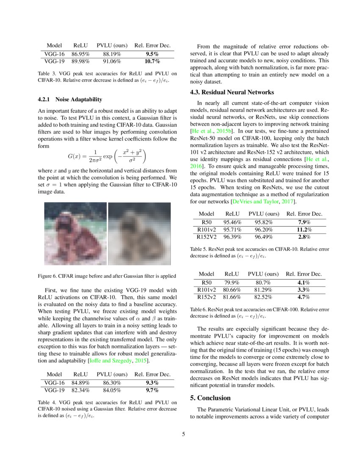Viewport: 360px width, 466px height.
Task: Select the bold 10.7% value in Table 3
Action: click(x=152, y=62)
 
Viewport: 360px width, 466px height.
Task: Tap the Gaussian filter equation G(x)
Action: click(x=108, y=156)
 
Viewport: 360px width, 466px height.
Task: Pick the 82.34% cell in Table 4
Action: click(x=80, y=390)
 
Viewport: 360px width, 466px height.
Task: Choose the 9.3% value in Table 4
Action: click(x=152, y=382)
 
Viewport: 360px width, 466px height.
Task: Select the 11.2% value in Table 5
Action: click(x=304, y=230)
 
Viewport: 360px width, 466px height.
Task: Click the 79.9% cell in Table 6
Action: click(x=232, y=282)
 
